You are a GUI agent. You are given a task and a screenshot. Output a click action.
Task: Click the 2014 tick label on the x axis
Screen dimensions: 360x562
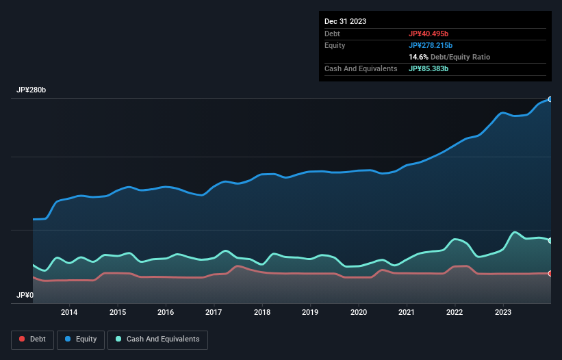pyautogui.click(x=69, y=313)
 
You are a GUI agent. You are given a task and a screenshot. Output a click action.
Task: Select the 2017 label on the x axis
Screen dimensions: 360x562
pyautogui.click(x=214, y=313)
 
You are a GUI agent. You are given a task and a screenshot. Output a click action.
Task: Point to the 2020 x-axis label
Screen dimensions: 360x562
pyautogui.click(x=359, y=313)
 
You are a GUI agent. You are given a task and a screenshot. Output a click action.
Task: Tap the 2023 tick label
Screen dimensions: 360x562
pyautogui.click(x=503, y=313)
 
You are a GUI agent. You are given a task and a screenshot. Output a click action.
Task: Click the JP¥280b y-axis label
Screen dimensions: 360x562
pyautogui.click(x=31, y=90)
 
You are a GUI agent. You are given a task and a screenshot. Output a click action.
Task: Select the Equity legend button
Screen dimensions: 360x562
pyautogui.click(x=81, y=339)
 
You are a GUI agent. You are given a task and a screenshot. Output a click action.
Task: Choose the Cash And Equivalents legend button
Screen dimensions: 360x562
pyautogui.click(x=157, y=339)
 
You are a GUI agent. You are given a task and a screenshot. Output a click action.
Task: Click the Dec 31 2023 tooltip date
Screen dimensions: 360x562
pyautogui.click(x=345, y=21)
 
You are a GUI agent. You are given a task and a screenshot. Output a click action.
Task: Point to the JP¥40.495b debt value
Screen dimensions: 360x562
pyautogui.click(x=429, y=34)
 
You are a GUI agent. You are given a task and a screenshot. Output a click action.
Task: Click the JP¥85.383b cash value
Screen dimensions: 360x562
pyautogui.click(x=429, y=68)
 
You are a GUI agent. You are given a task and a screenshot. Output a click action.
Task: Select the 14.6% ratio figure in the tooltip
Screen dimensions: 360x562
pyautogui.click(x=419, y=57)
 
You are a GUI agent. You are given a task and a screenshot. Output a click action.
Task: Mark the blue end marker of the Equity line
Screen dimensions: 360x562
pyautogui.click(x=550, y=99)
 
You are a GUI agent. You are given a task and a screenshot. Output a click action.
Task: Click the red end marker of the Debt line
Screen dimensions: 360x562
pyautogui.click(x=550, y=274)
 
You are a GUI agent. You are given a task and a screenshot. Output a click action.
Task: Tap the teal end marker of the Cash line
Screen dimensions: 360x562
pyautogui.click(x=550, y=240)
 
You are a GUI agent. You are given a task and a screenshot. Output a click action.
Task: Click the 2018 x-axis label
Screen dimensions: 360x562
pyautogui.click(x=262, y=313)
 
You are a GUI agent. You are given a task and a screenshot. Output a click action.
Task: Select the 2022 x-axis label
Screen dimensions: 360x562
pyautogui.click(x=455, y=313)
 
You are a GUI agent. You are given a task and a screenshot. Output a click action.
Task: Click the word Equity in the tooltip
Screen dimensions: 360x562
pyautogui.click(x=335, y=45)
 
